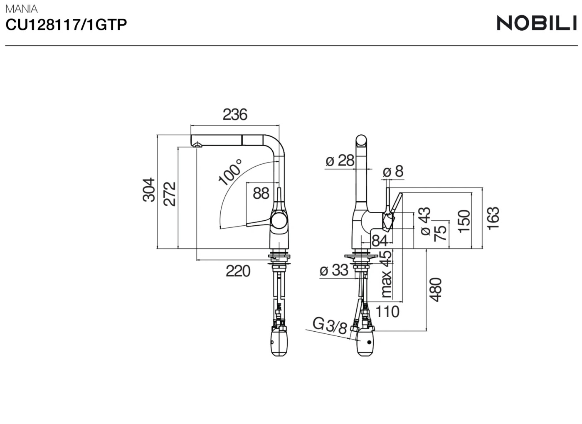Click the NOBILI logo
537,23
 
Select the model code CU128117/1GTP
66,25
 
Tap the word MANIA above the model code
21,9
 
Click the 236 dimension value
235,114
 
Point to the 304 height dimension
149,190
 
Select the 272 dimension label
170,194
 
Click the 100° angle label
230,172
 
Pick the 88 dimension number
261,193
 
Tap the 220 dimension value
238,271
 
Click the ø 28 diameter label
340,160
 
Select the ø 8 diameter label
393,171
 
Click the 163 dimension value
493,218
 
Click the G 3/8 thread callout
330,325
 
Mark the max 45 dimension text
386,274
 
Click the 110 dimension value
387,311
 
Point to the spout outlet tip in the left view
197,145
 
